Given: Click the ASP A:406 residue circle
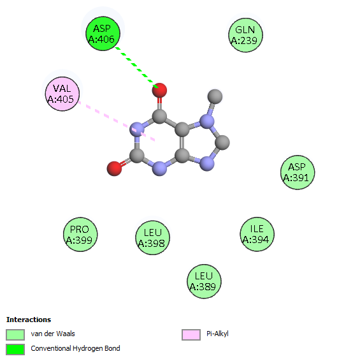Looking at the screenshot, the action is tap(103, 34).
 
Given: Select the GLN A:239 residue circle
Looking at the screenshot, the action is tap(245, 35).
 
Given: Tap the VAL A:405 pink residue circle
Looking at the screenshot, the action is tap(62, 94).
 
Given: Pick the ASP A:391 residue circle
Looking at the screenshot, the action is tap(298, 172).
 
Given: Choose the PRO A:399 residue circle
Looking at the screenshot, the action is tap(80, 234).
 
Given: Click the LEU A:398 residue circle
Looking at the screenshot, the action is tap(152, 238).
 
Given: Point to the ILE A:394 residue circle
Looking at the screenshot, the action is tap(257, 234).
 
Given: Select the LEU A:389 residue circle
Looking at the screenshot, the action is tap(204, 281).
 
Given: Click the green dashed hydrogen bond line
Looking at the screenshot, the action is tap(136, 68).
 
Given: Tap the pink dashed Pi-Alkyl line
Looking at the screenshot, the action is tap(117, 121).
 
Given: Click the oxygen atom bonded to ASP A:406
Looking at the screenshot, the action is tap(159, 90).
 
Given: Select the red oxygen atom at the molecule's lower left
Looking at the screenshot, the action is tap(114, 168).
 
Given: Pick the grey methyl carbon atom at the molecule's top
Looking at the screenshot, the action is tap(215, 96).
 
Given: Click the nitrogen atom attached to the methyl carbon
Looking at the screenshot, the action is tap(207, 122).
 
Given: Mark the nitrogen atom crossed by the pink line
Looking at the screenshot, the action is tap(137, 129).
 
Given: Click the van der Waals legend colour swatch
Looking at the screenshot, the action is tap(15, 334).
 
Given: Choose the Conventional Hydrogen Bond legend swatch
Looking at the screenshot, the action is tap(15, 350).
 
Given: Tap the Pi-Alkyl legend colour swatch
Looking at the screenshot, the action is tap(191, 334).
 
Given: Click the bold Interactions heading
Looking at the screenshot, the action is tap(29, 320).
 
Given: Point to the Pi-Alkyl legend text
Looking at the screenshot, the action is tap(217, 334).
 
